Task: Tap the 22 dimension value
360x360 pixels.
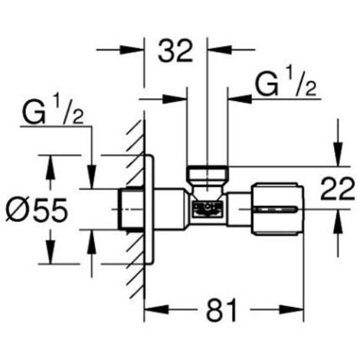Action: (337, 188)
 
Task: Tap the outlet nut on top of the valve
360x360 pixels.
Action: (207, 175)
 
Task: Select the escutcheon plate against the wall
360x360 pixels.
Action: (150, 207)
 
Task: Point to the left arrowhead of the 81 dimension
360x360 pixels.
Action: (152, 311)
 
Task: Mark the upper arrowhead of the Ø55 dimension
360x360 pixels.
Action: (51, 162)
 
